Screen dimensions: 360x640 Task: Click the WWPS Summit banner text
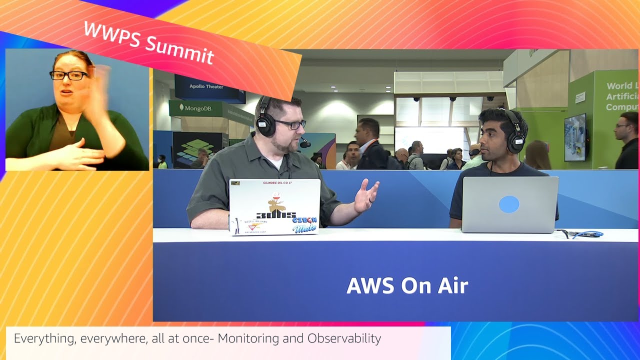click(x=148, y=43)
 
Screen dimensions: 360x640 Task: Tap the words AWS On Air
click(x=407, y=285)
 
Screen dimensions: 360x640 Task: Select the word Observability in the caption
click(x=344, y=338)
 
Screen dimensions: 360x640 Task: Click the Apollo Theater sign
click(x=206, y=86)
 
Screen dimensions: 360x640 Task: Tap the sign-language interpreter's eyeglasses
click(x=69, y=75)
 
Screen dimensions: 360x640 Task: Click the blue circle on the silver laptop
click(x=509, y=204)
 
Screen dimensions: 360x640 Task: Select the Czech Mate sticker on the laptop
click(x=304, y=224)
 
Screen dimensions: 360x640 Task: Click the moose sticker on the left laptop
click(x=275, y=202)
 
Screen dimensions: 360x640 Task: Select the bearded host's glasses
click(x=289, y=124)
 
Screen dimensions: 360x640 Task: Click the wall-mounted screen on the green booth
click(x=574, y=137)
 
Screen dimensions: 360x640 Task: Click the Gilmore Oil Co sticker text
click(x=274, y=183)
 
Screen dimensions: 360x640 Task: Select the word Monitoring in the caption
click(x=248, y=338)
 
